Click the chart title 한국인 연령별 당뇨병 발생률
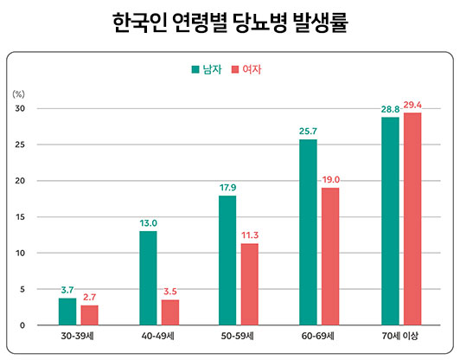pyautogui.click(x=230, y=22)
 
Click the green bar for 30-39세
pyautogui.click(x=67, y=312)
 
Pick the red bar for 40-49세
pyautogui.click(x=170, y=312)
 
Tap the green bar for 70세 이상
pyautogui.click(x=390, y=221)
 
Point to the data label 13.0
pyautogui.click(x=148, y=222)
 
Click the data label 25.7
pyautogui.click(x=308, y=131)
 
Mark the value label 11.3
pyautogui.click(x=250, y=235)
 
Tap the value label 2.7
pyautogui.click(x=90, y=297)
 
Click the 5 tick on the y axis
pyautogui.click(x=22, y=289)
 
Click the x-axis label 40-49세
pyautogui.click(x=159, y=335)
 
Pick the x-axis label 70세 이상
pyautogui.click(x=401, y=335)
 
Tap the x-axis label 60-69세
pyautogui.click(x=320, y=335)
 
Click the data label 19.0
pyautogui.click(x=330, y=179)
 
